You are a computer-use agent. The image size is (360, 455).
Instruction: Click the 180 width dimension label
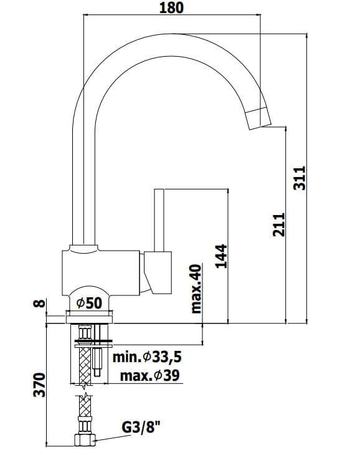point(171,7)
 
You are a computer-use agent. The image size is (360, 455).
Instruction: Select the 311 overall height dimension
point(299,178)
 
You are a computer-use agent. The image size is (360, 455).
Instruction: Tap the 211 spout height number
point(279,224)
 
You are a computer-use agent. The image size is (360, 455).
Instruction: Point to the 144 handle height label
point(222,256)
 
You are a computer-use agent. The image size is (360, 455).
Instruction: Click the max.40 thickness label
point(196,289)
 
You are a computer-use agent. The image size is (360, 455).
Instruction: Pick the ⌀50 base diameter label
point(89,304)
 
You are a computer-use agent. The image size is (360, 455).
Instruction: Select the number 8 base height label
point(40,304)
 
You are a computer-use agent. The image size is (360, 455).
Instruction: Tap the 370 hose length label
point(39,385)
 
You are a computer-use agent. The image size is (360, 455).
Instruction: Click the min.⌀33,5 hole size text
point(147,357)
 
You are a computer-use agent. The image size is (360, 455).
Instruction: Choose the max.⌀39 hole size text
point(150,376)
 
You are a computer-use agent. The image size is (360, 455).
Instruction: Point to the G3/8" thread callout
point(141,427)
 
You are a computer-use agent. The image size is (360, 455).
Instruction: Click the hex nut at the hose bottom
point(85,440)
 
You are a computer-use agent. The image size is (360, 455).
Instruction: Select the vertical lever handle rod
point(159,220)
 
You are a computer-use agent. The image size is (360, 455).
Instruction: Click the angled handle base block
point(158,272)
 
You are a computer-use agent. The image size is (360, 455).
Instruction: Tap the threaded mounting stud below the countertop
point(97,351)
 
